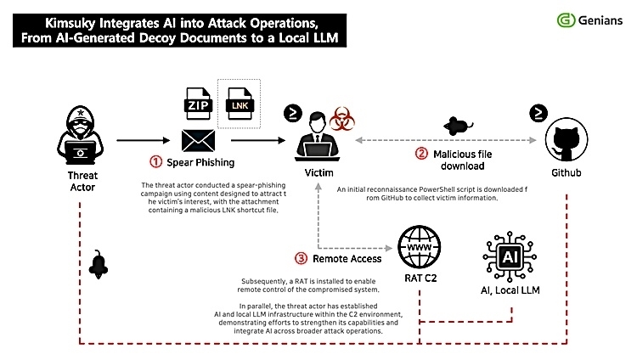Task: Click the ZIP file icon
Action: coord(198,104)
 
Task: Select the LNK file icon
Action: coord(240,104)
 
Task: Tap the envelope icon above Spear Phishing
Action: coord(198,141)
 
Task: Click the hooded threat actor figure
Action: coord(81,135)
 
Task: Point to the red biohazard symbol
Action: coord(341,119)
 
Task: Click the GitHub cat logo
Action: coord(567,139)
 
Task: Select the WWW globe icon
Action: coord(420,247)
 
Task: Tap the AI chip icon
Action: coord(510,256)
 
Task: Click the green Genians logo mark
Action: coord(566,20)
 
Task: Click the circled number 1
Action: coord(155,161)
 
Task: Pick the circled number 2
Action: coord(421,154)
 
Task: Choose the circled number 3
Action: coord(301,258)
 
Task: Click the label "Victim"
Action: coord(318,173)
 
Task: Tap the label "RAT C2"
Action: coord(420,278)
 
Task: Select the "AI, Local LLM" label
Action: coord(510,290)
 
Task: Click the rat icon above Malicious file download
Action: coord(458,126)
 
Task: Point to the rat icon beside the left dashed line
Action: coord(99,265)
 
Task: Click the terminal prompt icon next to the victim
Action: coord(293,114)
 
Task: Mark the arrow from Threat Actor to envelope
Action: coord(143,140)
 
